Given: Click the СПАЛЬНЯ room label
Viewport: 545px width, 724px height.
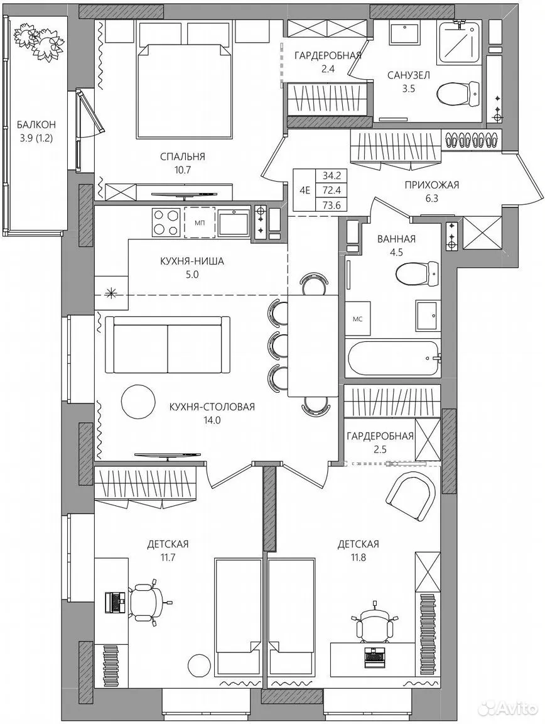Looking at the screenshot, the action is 182,157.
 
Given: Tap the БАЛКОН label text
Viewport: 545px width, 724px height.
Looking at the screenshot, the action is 36,124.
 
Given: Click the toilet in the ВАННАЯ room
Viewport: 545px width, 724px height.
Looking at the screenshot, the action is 417,273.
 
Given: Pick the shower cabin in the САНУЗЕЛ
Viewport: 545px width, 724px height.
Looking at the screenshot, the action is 456,41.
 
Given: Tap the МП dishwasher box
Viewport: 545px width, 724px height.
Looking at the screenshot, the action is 200,222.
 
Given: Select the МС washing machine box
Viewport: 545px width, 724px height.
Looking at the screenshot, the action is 357,319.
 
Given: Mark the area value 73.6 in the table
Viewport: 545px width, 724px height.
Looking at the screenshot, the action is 332,206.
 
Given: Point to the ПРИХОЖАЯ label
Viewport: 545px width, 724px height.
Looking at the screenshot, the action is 431,185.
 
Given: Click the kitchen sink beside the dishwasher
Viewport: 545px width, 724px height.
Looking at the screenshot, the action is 234,222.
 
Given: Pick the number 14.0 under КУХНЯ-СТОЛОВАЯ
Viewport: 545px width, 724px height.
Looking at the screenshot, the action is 212,420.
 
